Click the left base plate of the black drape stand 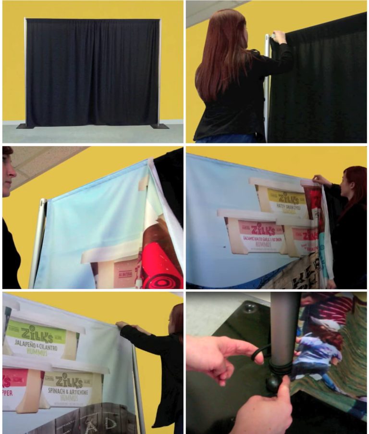click(22, 126)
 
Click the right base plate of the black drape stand click(160, 127)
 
